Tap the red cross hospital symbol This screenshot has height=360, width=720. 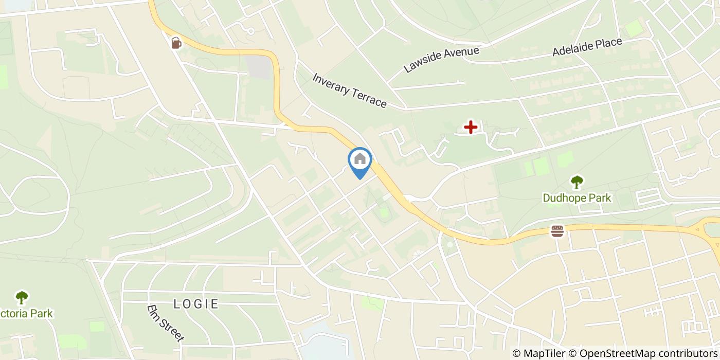point(471,127)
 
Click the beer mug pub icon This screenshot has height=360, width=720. point(176,43)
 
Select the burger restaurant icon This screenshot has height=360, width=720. point(557,231)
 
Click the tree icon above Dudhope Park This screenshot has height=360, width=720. point(577,182)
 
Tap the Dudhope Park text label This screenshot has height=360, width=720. point(577,197)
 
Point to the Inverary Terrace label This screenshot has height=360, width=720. point(349,91)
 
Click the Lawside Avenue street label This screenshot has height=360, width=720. point(441,60)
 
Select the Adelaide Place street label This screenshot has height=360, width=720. point(587,47)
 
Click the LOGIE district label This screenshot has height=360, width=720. point(196,303)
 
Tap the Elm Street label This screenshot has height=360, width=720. point(165,323)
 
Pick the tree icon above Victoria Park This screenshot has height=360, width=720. point(22,297)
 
